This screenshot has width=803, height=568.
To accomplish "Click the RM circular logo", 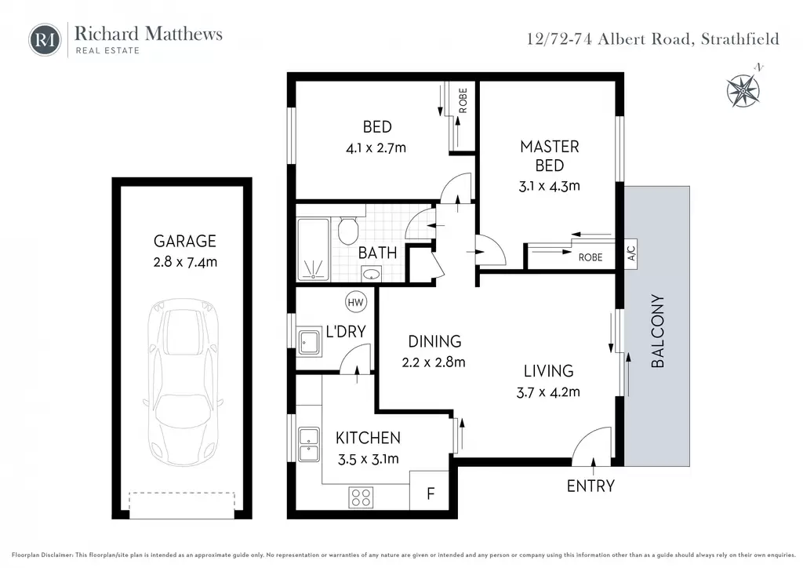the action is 45,40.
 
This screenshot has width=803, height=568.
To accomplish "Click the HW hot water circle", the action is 355,302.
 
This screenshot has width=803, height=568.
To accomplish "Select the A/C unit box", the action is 631,253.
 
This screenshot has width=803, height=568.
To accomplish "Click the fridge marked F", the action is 430,490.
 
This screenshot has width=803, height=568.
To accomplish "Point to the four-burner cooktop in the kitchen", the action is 361,497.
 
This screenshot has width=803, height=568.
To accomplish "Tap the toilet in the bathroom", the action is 348,230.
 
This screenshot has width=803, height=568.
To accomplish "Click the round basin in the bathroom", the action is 371,275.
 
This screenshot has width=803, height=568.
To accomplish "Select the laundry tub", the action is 309,342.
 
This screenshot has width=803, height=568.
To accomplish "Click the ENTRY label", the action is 590,486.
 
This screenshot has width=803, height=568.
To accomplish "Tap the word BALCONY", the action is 658,331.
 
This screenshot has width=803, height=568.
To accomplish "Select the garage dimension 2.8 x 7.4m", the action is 185,262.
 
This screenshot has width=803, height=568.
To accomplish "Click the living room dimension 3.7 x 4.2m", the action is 548,392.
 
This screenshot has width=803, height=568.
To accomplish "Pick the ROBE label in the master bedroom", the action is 590,257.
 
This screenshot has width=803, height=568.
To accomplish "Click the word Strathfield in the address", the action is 740,39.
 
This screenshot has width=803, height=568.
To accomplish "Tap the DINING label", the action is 434,341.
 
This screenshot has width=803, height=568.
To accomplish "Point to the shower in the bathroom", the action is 313,249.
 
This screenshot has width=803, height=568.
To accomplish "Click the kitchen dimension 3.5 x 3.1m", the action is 369,460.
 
